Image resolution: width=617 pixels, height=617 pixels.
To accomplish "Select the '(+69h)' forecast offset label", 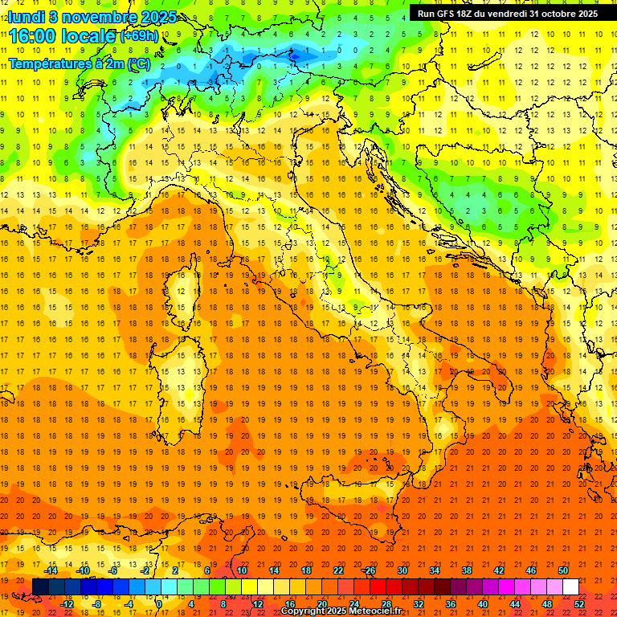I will (x=140, y=36).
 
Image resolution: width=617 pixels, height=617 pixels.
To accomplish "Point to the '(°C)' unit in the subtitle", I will (x=139, y=63).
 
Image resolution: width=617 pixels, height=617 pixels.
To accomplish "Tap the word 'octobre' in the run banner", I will (x=554, y=14).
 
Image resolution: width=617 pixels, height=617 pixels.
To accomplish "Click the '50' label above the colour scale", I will (x=562, y=570).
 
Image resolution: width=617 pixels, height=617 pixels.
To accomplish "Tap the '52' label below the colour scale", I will (x=579, y=604).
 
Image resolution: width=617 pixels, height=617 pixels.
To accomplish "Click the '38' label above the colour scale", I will (x=466, y=570).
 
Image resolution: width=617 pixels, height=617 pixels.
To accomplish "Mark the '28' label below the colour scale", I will (x=386, y=604).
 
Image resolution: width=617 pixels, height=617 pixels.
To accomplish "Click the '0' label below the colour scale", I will (x=160, y=604).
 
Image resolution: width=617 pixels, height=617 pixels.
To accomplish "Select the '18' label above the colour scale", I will (x=305, y=570).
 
